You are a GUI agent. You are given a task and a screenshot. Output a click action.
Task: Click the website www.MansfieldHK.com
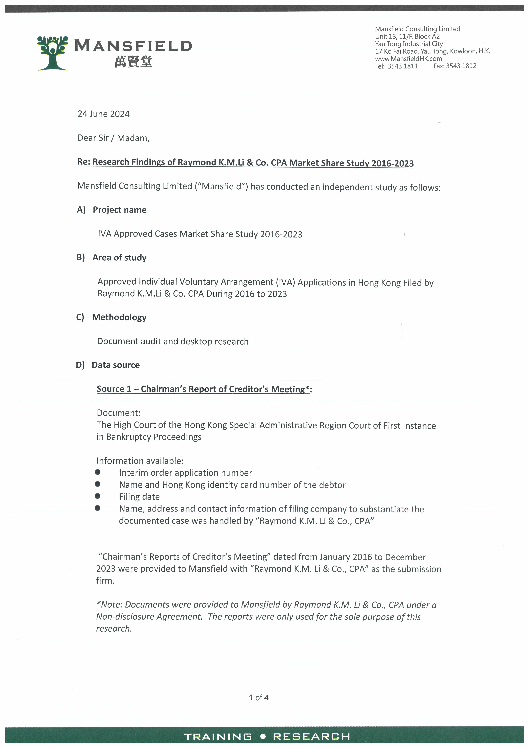pos(408,59)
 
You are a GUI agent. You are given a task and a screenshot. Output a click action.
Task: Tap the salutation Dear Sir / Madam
pos(113,138)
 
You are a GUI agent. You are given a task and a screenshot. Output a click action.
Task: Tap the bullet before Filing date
pos(97,496)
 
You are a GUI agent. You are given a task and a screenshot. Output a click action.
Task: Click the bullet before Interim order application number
pos(97,472)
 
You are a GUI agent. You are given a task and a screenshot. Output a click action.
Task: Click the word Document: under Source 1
pos(119,413)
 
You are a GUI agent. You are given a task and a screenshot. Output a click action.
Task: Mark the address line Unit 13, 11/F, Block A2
pos(407,36)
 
